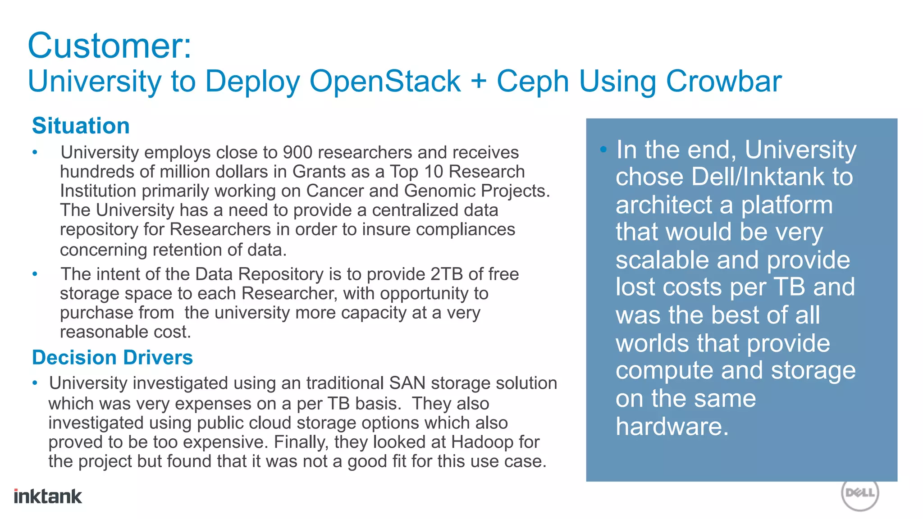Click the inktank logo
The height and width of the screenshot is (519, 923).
[48, 496]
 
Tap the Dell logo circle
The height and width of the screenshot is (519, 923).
[860, 493]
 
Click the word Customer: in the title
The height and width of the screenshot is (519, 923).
[110, 46]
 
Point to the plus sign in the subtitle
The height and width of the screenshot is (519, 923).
[479, 82]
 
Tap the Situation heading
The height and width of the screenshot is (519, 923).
[81, 126]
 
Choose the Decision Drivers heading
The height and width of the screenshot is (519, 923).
[112, 358]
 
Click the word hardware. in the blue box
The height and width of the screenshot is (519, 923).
[672, 426]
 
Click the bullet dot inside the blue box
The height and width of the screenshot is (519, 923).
[603, 149]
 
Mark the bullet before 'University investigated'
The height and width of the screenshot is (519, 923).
[35, 383]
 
